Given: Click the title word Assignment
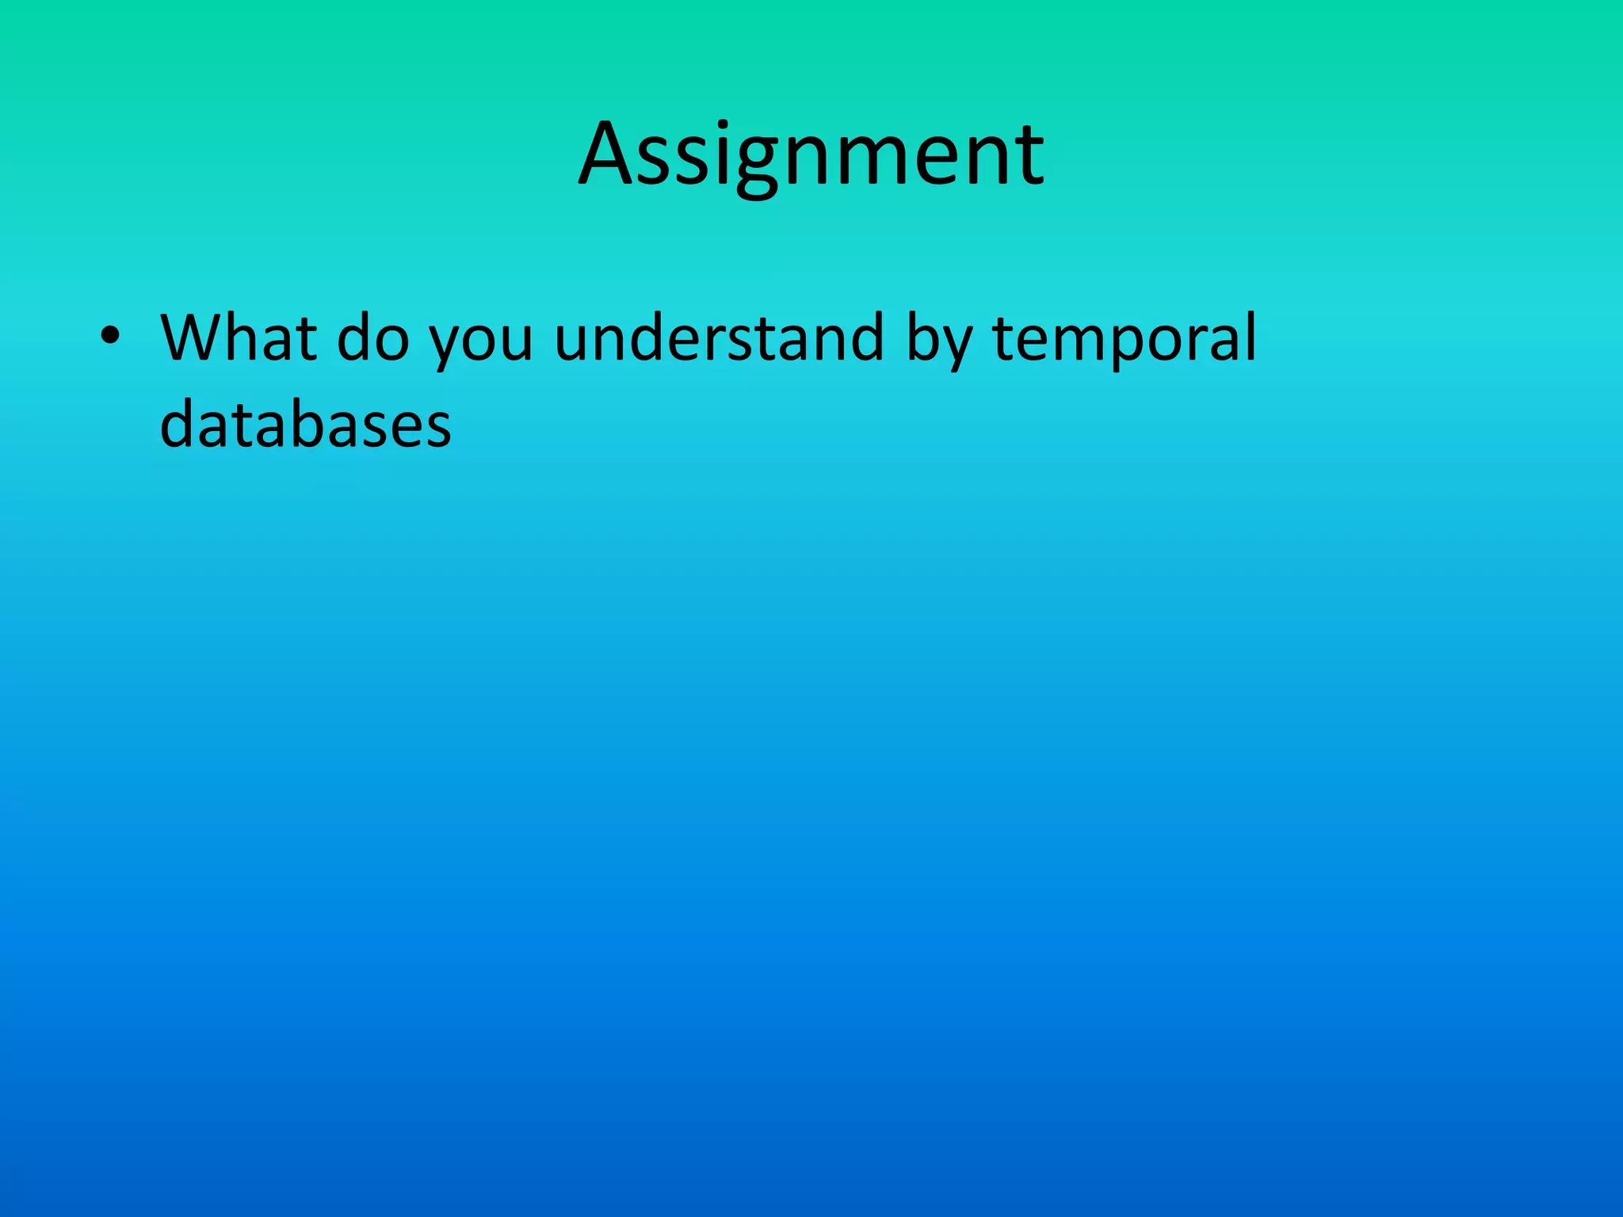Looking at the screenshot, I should (x=811, y=155).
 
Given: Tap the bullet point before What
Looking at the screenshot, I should (x=111, y=338).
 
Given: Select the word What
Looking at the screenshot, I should (x=238, y=338).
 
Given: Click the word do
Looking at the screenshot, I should (x=372, y=338).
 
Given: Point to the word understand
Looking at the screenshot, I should (x=718, y=338).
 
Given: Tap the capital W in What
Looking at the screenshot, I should (x=193, y=338).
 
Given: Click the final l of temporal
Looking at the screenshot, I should (x=1251, y=334).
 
